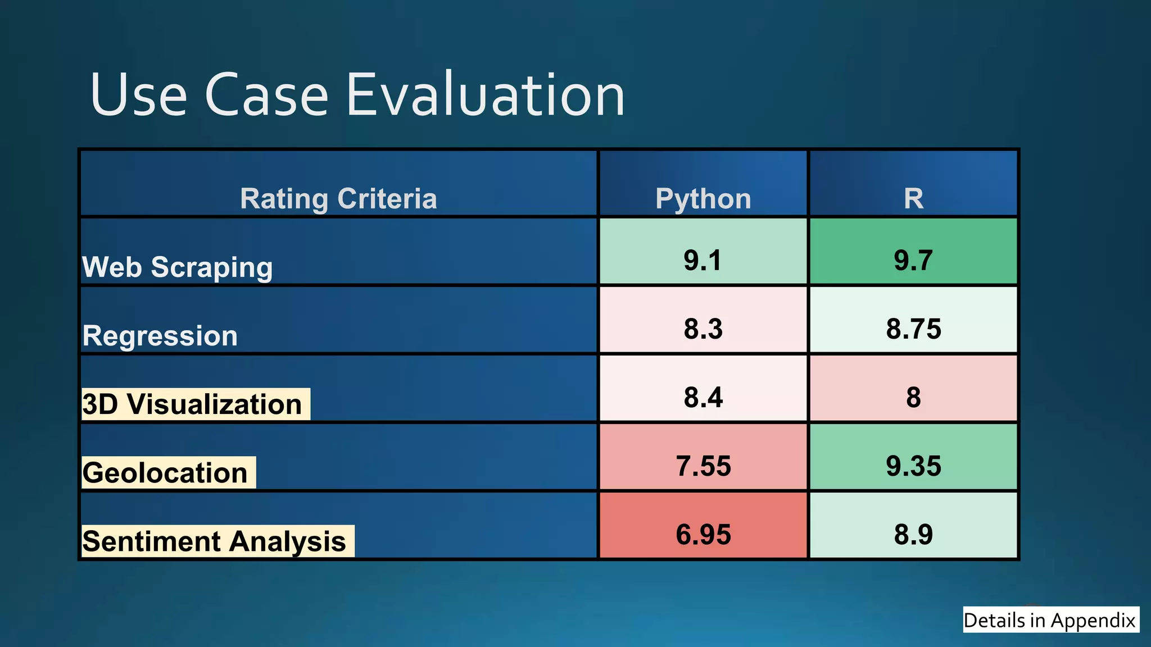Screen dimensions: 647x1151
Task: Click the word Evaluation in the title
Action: pyautogui.click(x=485, y=95)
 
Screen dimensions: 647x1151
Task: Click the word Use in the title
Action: pyautogui.click(x=138, y=95)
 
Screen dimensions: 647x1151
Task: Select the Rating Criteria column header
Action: pyautogui.click(x=338, y=198)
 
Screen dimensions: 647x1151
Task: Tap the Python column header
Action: pyautogui.click(x=703, y=198)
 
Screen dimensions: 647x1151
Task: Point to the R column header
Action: pyautogui.click(x=913, y=198)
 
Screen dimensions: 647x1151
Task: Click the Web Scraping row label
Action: pyautogui.click(x=178, y=267)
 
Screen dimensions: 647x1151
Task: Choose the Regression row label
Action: pyautogui.click(x=160, y=336)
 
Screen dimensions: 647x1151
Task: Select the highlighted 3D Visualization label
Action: pyautogui.click(x=193, y=404)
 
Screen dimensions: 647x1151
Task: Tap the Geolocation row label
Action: pyautogui.click(x=166, y=473)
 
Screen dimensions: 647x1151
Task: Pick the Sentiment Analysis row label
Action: pyautogui.click(x=215, y=541)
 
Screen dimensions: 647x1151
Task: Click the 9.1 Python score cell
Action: pyautogui.click(x=703, y=259)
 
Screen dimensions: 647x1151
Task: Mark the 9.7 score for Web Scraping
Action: pyautogui.click(x=913, y=259)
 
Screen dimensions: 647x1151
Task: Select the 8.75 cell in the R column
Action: pyautogui.click(x=913, y=328)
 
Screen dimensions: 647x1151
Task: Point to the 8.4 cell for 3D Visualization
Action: pyautogui.click(x=703, y=397)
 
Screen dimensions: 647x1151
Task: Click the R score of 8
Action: pyautogui.click(x=913, y=397)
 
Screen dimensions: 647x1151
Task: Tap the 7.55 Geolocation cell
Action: pyautogui.click(x=703, y=465)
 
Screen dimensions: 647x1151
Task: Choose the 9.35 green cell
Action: pyautogui.click(x=913, y=465)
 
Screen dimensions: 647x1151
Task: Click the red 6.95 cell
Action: pyautogui.click(x=703, y=534)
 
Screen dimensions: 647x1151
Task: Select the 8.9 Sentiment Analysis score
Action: pyautogui.click(x=913, y=534)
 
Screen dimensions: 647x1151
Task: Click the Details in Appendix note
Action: pyautogui.click(x=1050, y=620)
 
